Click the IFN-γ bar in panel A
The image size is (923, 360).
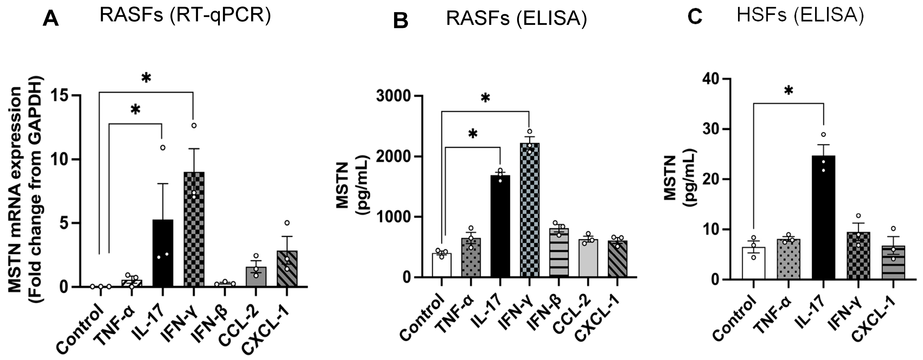(x=194, y=229)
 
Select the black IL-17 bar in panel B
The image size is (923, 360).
(x=500, y=226)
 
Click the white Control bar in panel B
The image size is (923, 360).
(x=442, y=265)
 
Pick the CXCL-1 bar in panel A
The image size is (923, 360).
(x=287, y=269)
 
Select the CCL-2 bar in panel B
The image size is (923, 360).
(x=588, y=258)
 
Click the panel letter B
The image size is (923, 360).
(x=401, y=21)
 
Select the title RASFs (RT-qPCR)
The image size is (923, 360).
(x=185, y=16)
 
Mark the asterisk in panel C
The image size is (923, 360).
(x=788, y=91)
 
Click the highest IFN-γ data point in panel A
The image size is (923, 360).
(x=194, y=125)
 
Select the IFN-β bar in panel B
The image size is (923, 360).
(x=559, y=253)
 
